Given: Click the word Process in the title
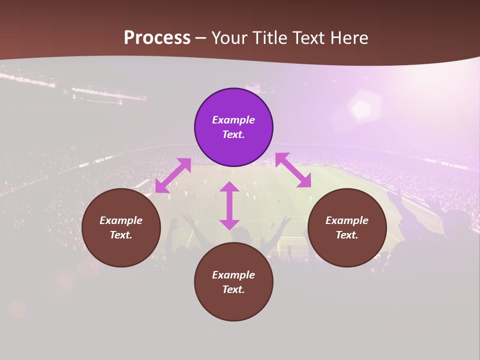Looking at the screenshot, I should click(157, 38).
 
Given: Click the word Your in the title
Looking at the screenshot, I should click(230, 38).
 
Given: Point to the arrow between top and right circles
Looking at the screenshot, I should click(293, 170).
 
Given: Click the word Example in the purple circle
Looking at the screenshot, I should click(233, 120).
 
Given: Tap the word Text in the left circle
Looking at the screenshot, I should click(121, 235).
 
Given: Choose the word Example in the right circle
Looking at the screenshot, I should click(347, 220).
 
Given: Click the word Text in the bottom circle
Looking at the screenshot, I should click(233, 289).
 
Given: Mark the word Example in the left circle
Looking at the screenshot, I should click(121, 220).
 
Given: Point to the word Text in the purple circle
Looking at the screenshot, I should click(233, 134).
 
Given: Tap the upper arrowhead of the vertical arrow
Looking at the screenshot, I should click(229, 186).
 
